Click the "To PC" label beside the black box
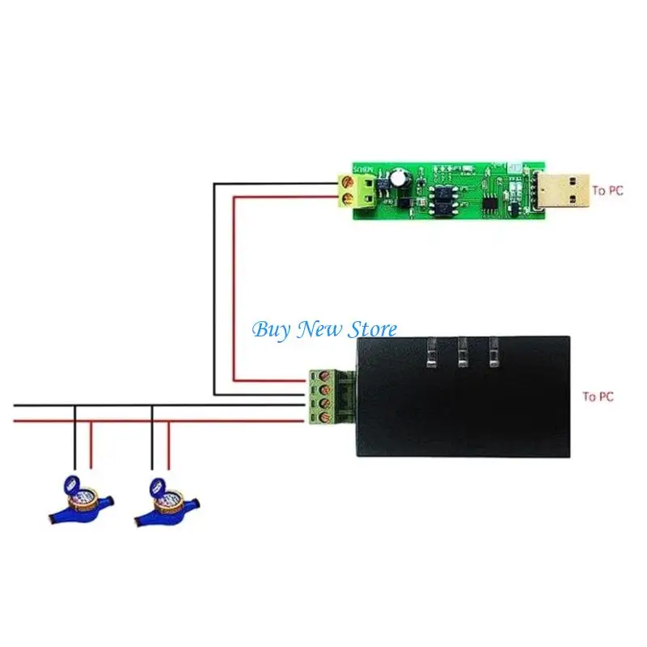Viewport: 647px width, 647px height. coord(598,396)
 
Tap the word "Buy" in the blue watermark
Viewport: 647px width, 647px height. coord(270,329)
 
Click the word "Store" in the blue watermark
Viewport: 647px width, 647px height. coord(371,329)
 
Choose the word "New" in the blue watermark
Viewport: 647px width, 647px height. coord(316,329)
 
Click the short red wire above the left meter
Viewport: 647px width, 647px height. coord(90,445)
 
